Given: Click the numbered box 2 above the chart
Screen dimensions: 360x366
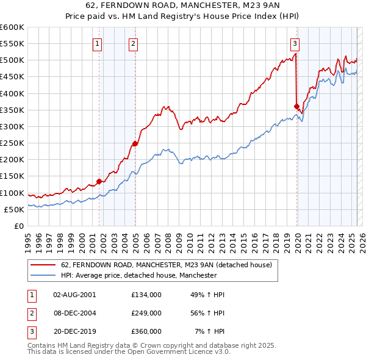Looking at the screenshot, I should coord(134,43).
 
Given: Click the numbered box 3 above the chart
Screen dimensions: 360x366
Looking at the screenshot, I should coord(295,43).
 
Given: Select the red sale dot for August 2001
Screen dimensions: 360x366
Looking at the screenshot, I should coord(99,181).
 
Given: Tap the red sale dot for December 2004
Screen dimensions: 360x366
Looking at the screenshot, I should coord(135,143).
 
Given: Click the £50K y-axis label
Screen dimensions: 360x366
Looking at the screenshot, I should coord(14,209).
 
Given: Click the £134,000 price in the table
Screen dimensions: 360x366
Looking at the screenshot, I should coord(146,294).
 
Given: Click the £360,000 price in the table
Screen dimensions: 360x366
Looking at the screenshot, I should coord(146,331).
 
